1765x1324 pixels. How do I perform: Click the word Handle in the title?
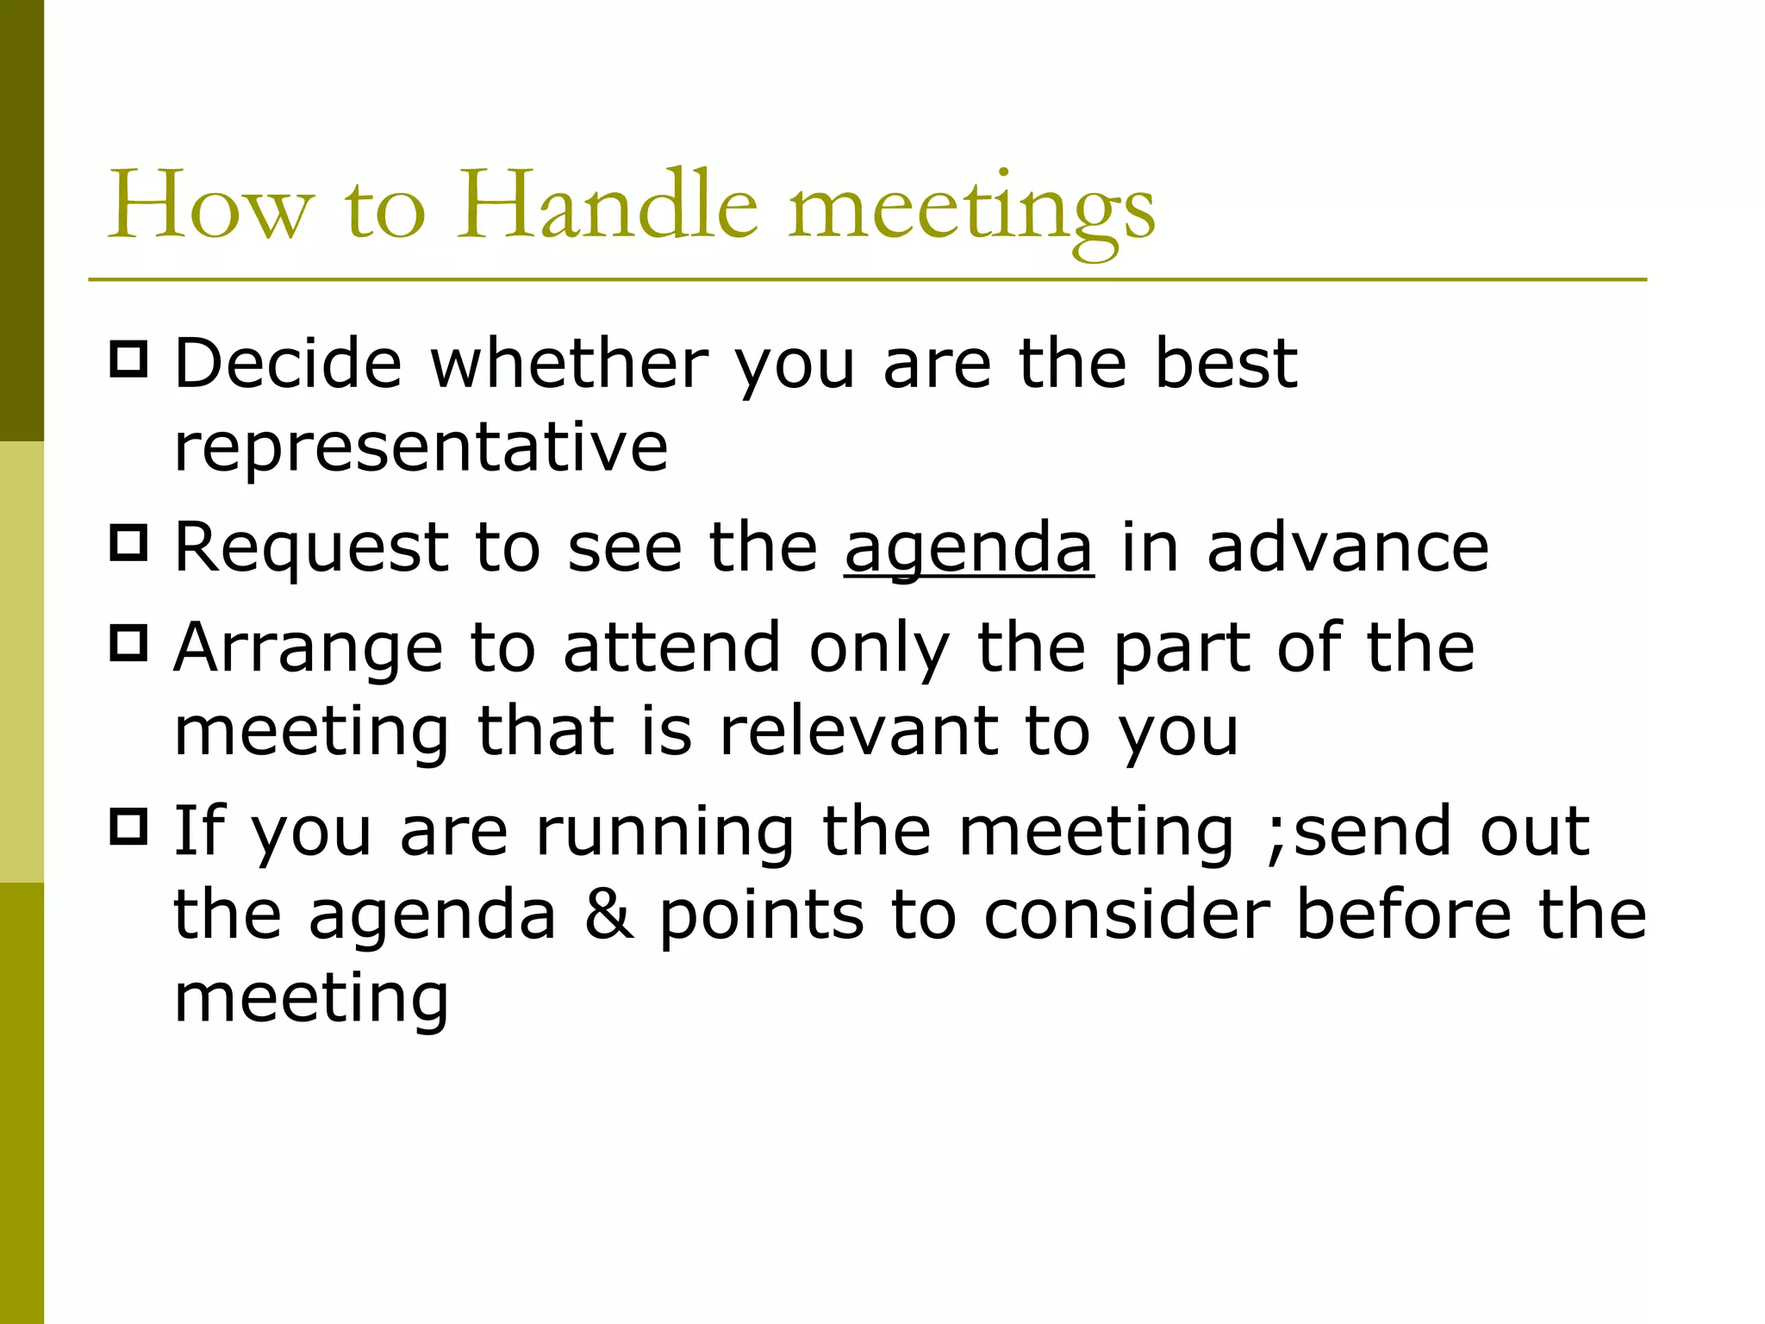[606, 207]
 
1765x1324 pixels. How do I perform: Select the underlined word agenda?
[969, 548]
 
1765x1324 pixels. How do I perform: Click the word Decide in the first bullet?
[288, 364]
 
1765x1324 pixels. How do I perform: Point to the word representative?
[421, 448]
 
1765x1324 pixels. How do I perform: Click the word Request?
[311, 548]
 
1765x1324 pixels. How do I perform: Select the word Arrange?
[308, 648]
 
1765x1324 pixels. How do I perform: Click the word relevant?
[858, 731]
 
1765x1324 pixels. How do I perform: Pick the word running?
[664, 833]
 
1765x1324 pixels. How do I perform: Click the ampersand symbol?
[608, 915]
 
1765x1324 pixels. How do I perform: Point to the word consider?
[1126, 915]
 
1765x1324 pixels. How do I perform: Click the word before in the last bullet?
[1403, 915]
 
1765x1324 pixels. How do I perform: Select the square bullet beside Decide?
[129, 359]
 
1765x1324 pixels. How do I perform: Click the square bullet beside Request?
[129, 543]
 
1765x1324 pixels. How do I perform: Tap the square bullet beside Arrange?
[129, 643]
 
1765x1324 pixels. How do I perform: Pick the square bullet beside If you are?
[129, 827]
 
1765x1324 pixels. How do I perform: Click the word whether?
[569, 364]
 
